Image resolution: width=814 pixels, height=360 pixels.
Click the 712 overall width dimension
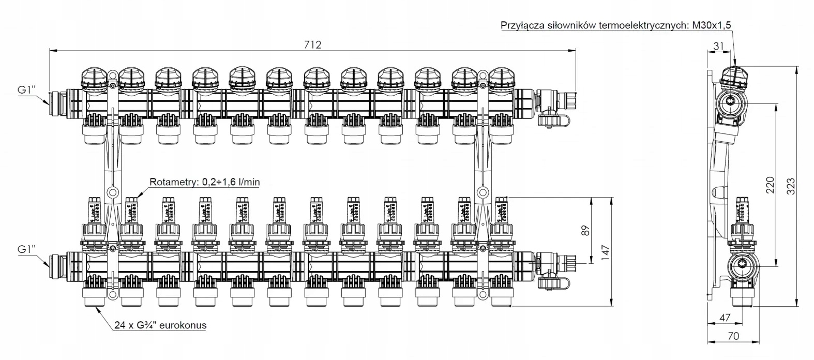pyautogui.click(x=312, y=44)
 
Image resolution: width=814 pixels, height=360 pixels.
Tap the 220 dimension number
pyautogui.click(x=770, y=185)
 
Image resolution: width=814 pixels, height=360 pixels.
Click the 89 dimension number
pyautogui.click(x=585, y=230)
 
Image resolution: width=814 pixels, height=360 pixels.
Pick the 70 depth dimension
pyautogui.click(x=733, y=336)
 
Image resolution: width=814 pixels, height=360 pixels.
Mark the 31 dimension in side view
pyautogui.click(x=718, y=46)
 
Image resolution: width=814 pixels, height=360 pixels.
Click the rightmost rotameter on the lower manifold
pyautogui.click(x=500, y=209)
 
